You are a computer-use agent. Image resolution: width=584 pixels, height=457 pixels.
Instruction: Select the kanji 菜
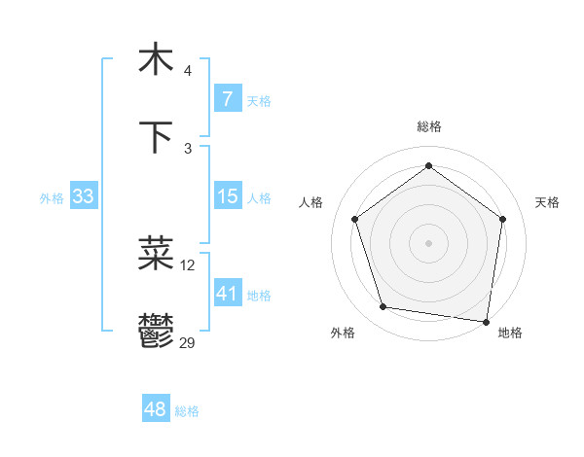[156, 255]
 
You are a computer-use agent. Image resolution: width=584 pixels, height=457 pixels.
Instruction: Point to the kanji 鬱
[156, 331]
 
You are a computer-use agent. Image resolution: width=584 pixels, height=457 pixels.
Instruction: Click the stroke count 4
[188, 70]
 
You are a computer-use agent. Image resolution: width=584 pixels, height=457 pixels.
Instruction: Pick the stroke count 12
[188, 264]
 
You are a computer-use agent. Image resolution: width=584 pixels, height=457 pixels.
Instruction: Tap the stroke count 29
[188, 342]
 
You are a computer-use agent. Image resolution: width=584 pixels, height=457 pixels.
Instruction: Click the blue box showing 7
[227, 99]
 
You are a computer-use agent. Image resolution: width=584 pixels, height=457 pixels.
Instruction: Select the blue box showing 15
[227, 196]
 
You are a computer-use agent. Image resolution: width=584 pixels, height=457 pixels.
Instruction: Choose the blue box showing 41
[227, 294]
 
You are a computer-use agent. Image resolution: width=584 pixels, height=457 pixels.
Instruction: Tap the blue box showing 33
[83, 196]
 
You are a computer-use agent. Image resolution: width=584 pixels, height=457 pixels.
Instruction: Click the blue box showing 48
[155, 409]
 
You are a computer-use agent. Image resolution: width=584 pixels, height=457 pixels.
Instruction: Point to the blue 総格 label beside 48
[187, 411]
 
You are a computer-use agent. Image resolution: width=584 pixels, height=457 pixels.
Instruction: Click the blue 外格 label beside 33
[52, 197]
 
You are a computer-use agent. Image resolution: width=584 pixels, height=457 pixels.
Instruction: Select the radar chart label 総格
[429, 126]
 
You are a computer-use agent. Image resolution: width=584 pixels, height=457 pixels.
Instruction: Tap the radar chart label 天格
[547, 202]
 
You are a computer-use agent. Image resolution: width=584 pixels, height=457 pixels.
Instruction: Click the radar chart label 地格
[510, 333]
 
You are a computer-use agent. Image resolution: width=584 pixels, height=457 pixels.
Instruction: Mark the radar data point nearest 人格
[354, 219]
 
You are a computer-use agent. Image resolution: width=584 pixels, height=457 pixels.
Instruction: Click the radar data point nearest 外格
[383, 307]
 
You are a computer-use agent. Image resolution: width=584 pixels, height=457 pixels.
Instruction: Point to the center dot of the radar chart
[428, 242]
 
